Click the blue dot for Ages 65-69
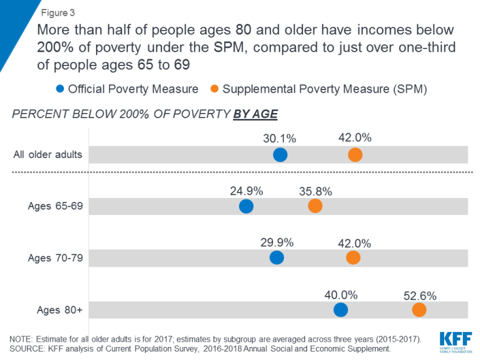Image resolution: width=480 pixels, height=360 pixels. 246,206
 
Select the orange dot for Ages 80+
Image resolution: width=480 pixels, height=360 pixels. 419,310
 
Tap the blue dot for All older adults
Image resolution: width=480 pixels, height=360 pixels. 280,155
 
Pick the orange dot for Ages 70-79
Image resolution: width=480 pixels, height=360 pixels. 353,257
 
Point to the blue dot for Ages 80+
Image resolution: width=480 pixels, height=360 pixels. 341,310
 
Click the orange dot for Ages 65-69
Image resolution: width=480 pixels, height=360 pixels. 315,206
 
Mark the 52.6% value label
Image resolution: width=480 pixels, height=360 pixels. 420,295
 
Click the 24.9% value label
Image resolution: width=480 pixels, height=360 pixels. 246,191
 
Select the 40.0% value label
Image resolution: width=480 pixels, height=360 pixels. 341,295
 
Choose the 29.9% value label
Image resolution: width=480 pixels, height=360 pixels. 277,242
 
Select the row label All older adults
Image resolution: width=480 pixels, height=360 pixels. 48,155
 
